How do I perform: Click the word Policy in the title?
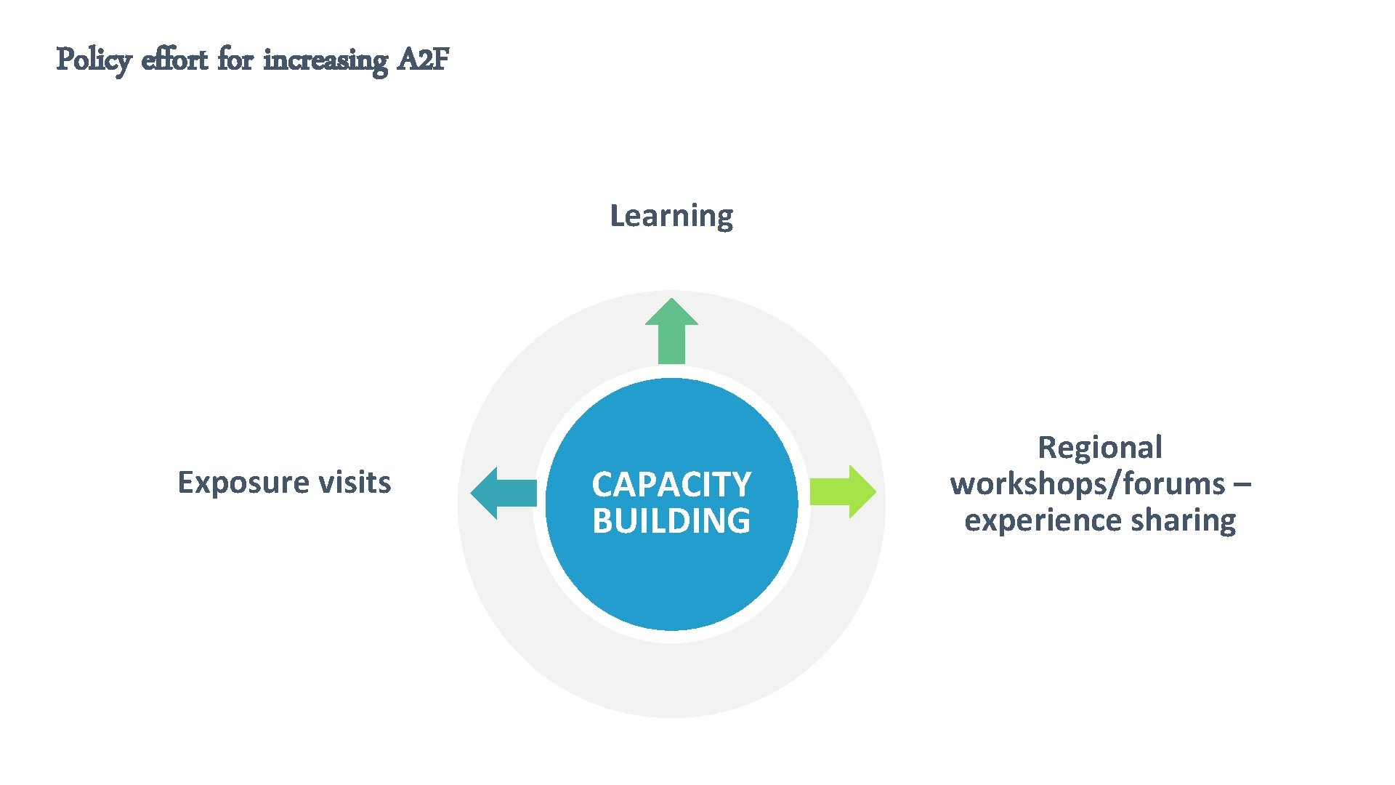pyautogui.click(x=93, y=60)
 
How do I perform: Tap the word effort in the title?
pyautogui.click(x=174, y=60)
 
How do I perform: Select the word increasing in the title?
pyautogui.click(x=325, y=60)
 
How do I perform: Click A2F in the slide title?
pyautogui.click(x=424, y=60)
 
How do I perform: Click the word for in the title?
pyautogui.click(x=235, y=60)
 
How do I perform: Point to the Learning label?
pyautogui.click(x=671, y=216)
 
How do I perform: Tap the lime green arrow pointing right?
pyautogui.click(x=841, y=492)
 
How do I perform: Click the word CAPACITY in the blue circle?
pyautogui.click(x=671, y=485)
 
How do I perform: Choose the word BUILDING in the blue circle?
pyautogui.click(x=671, y=521)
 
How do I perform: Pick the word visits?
pyautogui.click(x=355, y=483)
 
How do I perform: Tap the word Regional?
pyautogui.click(x=1100, y=448)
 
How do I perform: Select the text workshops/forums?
pyautogui.click(x=1087, y=484)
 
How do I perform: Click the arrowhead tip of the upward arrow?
pyautogui.click(x=671, y=301)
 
